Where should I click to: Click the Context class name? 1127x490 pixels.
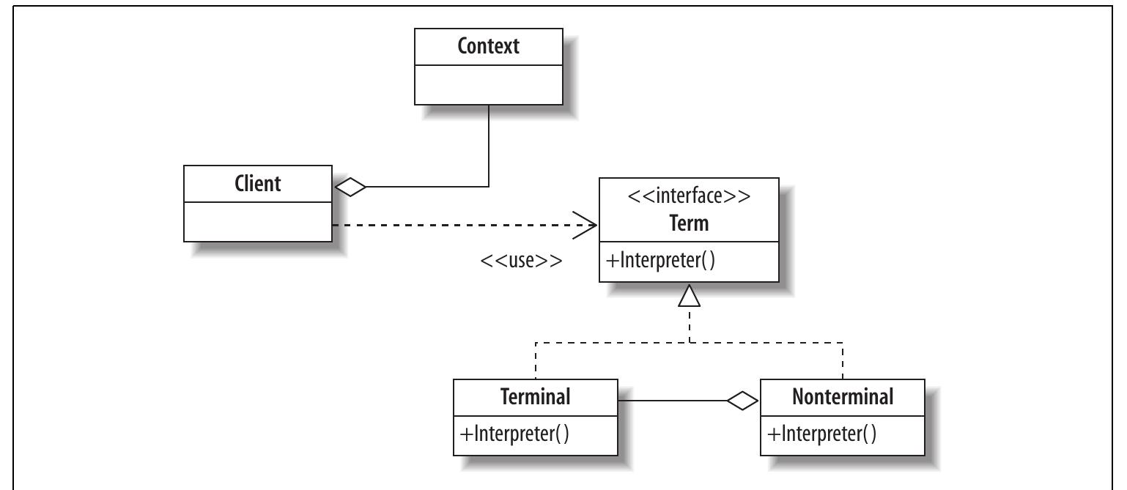click(x=488, y=46)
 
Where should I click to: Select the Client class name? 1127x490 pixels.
click(x=257, y=182)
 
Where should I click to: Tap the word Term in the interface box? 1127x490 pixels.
click(x=689, y=223)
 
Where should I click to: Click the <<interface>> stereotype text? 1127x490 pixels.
click(x=689, y=197)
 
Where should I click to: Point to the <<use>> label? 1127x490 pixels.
click(x=521, y=260)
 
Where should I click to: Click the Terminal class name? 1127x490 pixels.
click(x=535, y=396)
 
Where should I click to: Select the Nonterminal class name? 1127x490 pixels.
click(x=843, y=396)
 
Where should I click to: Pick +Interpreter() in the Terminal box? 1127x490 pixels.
click(x=514, y=434)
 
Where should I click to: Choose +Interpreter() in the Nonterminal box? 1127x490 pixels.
click(x=821, y=434)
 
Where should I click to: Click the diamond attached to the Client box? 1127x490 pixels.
click(x=350, y=187)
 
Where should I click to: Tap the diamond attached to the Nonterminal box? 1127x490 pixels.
click(x=742, y=401)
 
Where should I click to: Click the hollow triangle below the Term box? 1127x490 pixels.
click(x=690, y=295)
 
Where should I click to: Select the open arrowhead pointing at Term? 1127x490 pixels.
click(x=585, y=225)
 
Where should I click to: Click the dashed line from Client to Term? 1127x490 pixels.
click(x=454, y=225)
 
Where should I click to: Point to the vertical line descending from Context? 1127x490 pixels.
click(x=489, y=146)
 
